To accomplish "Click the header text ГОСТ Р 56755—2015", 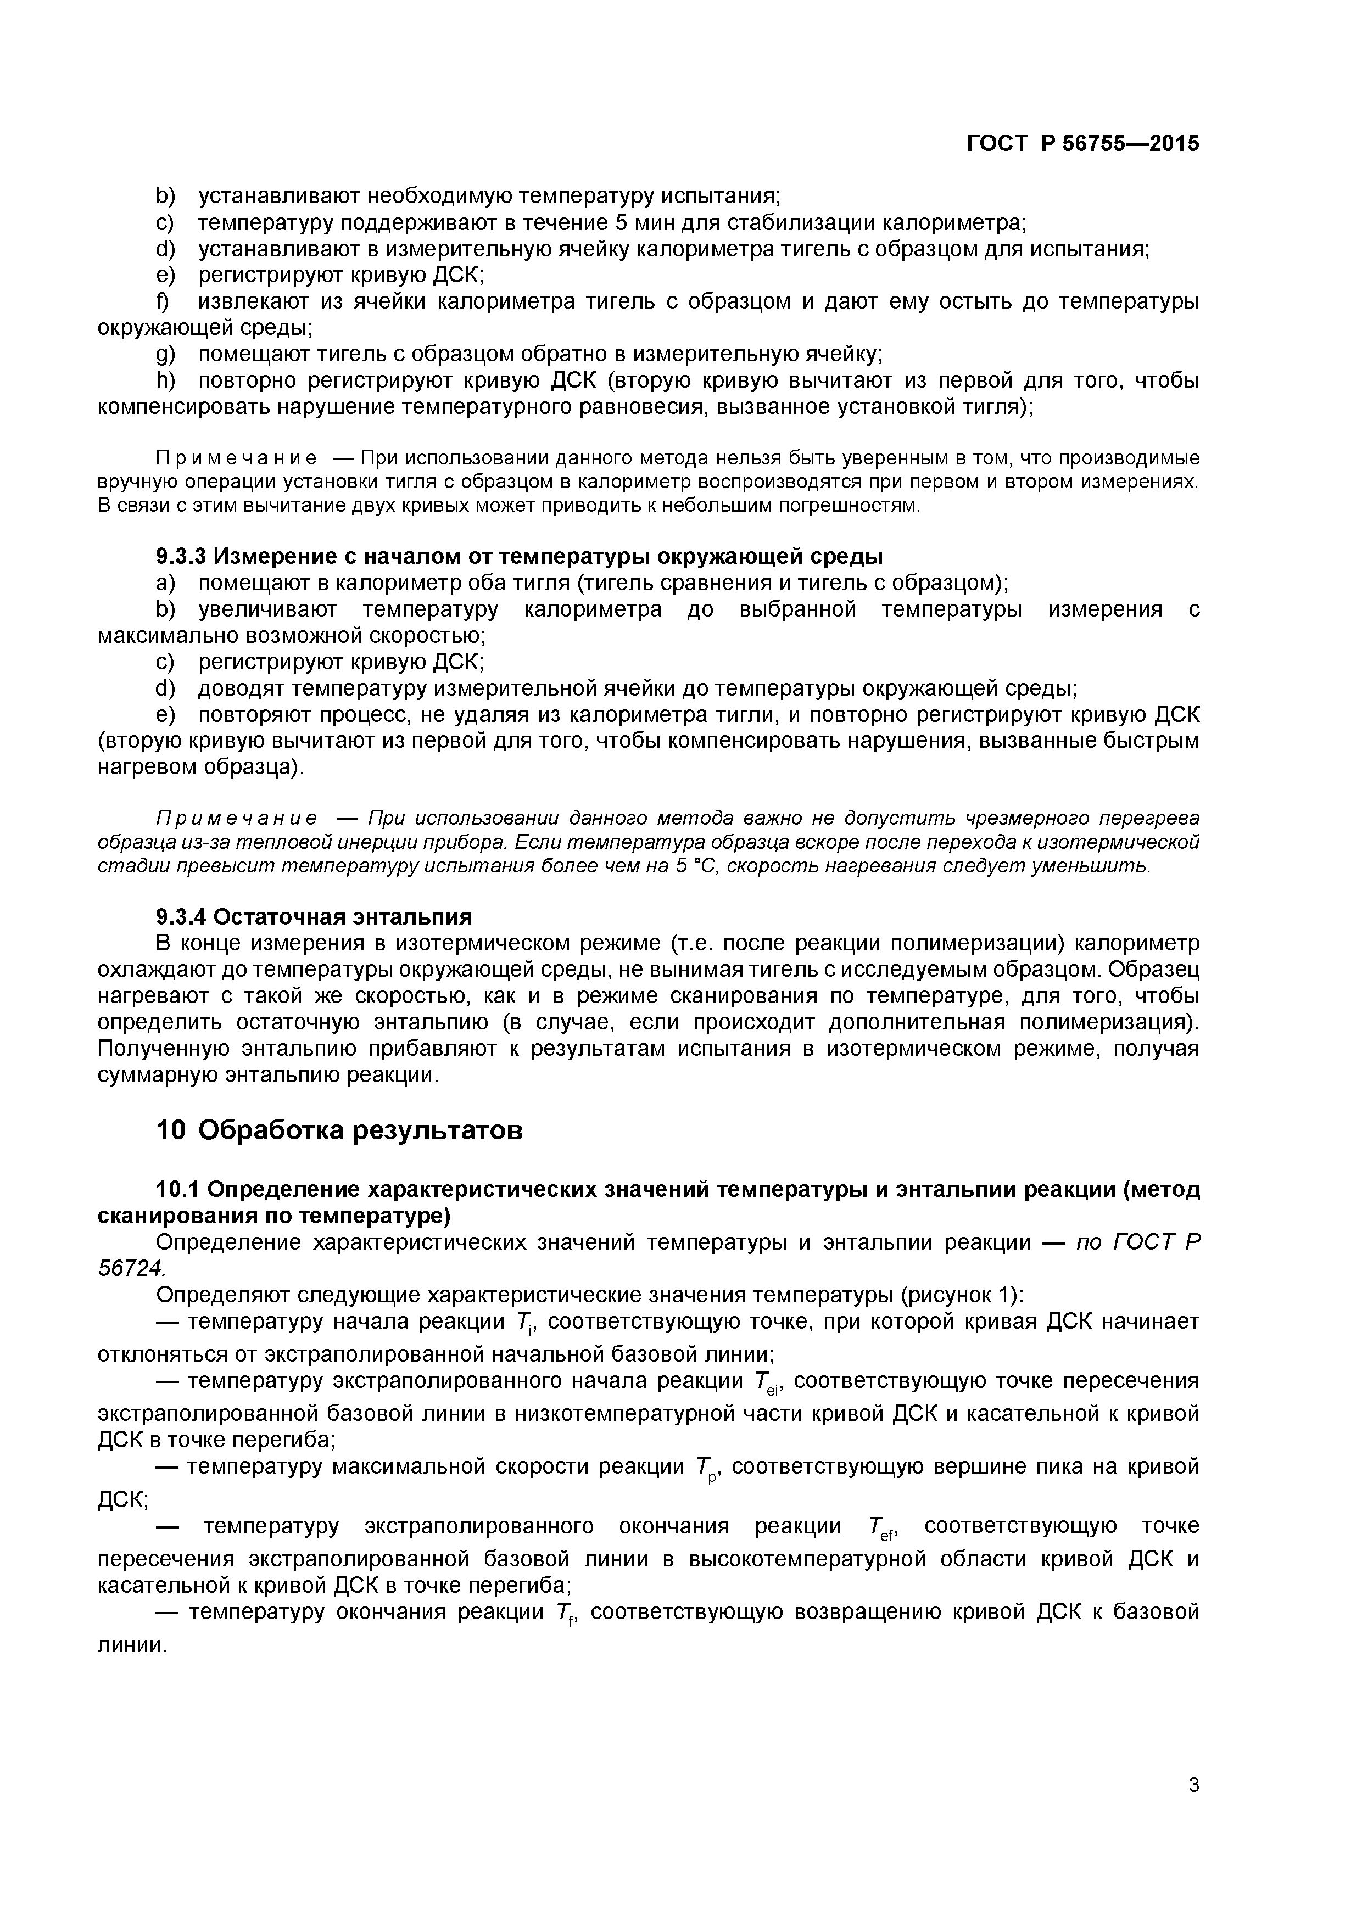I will (1082, 143).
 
